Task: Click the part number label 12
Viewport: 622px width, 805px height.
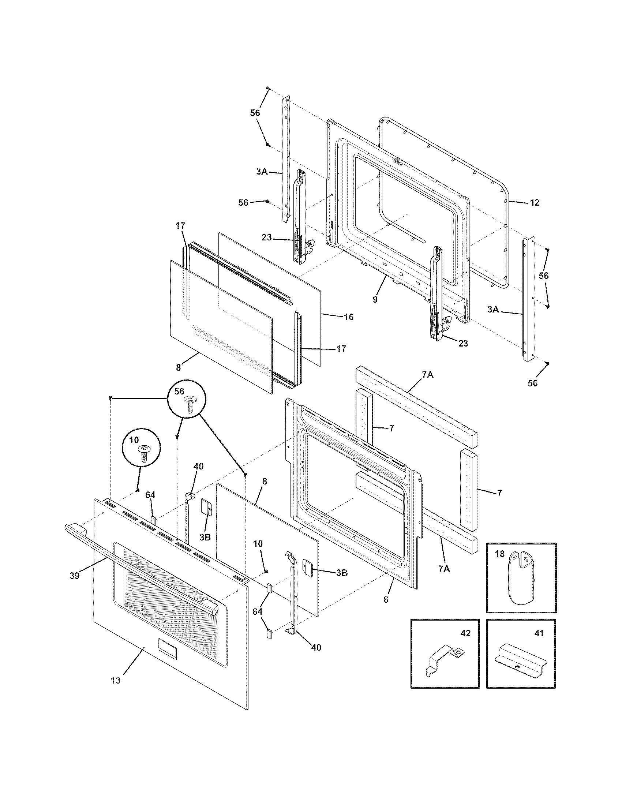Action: pos(535,202)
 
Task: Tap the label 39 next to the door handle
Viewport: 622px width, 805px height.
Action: pos(74,576)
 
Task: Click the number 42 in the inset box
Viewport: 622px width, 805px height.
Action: pos(465,633)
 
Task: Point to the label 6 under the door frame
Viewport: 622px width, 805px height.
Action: pos(386,600)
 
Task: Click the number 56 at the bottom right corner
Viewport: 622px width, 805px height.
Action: pos(532,383)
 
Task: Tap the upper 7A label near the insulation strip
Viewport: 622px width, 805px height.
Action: pos(427,375)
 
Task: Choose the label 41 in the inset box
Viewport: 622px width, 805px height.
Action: pos(539,633)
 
